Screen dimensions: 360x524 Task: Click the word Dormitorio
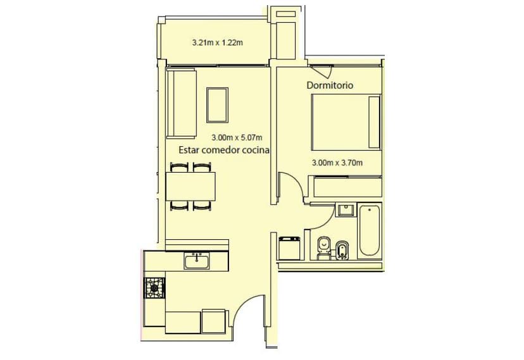tap(330, 85)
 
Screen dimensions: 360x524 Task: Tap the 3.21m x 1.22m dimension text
tap(218, 44)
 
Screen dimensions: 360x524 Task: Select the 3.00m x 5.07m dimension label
tap(236, 137)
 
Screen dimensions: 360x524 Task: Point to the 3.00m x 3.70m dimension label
tap(337, 163)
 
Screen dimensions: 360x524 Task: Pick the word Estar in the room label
tap(189, 151)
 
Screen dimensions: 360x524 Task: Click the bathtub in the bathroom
tap(369, 231)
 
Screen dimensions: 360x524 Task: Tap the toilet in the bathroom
tap(323, 247)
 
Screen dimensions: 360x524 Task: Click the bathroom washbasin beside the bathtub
tap(346, 210)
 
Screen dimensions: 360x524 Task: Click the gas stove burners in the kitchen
tap(154, 289)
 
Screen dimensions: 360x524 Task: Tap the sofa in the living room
tap(181, 104)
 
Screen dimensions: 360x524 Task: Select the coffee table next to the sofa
tap(218, 104)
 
